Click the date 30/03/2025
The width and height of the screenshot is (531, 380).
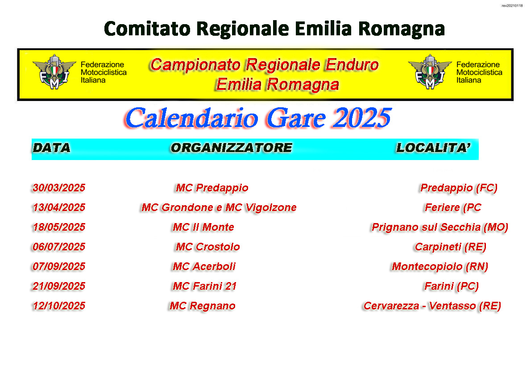59,188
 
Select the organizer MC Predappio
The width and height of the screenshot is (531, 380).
212,188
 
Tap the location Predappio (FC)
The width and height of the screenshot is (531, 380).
459,188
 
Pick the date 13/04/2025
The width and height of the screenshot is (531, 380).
59,207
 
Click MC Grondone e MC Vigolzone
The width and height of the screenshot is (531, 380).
219,207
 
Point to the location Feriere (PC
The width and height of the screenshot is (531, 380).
453,207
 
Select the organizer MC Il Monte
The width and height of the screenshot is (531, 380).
203,227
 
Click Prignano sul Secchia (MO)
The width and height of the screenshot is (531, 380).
440,227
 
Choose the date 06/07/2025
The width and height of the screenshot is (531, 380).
59,247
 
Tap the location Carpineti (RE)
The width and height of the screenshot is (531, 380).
451,247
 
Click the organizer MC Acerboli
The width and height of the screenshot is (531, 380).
204,266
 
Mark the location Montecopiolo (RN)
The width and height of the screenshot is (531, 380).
440,267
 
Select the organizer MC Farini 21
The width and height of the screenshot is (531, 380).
204,286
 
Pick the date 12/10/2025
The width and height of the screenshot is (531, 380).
59,306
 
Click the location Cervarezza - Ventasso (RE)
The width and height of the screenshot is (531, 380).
432,306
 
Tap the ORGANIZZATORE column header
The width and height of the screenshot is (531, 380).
232,148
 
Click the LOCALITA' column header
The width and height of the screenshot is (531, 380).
433,148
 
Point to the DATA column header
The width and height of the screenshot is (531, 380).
51,148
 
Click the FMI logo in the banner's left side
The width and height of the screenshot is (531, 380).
54,72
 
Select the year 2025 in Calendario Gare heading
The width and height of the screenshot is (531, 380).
362,118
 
